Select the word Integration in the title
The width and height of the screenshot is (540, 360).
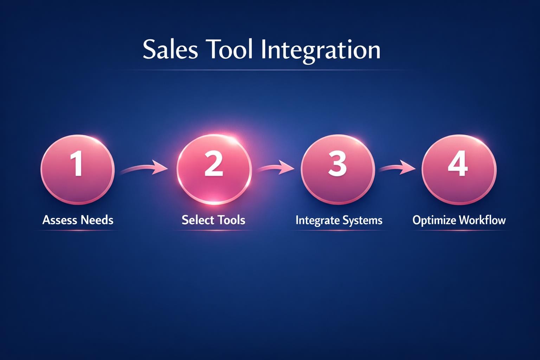click(x=321, y=50)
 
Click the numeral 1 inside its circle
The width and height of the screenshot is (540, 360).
click(x=77, y=164)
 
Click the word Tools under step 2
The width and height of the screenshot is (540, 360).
click(x=231, y=220)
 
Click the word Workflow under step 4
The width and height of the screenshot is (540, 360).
click(x=482, y=220)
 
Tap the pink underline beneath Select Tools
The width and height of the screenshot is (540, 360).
click(x=213, y=231)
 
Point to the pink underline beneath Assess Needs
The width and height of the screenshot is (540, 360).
click(x=78, y=231)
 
